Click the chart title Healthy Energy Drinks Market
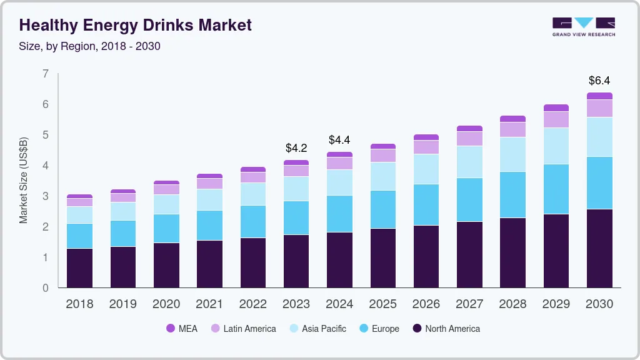tap(136, 25)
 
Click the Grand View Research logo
tap(583, 26)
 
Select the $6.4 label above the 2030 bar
tap(599, 81)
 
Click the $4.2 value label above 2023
tap(296, 148)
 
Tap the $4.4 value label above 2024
tap(339, 139)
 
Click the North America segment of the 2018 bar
tap(80, 268)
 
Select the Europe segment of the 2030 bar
tap(599, 182)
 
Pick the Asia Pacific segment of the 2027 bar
tap(469, 162)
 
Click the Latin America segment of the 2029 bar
tap(556, 119)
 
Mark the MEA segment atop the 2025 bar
tap(382, 146)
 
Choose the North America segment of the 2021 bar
tap(209, 264)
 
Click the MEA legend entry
tap(182, 328)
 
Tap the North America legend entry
tap(446, 328)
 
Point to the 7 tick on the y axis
tap(45, 74)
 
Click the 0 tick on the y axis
tap(45, 288)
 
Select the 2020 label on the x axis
tap(166, 304)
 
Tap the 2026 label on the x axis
tap(426, 304)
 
